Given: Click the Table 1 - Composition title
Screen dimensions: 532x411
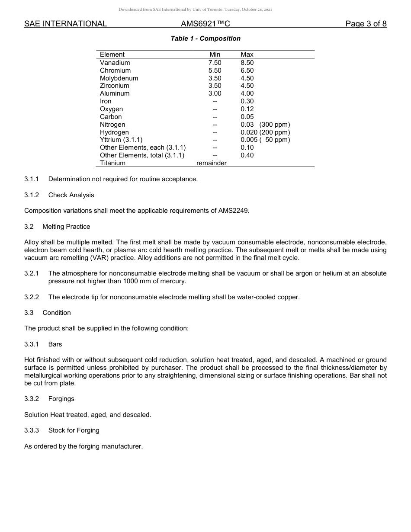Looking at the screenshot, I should (205, 38).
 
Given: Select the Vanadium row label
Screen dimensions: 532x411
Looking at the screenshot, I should (115, 63).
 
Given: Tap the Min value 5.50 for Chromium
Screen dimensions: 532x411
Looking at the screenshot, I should (215, 71).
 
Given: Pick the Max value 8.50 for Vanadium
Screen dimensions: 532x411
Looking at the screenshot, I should (247, 63).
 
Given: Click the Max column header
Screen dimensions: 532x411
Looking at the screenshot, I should (247, 54).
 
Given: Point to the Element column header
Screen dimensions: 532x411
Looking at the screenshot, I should (112, 54).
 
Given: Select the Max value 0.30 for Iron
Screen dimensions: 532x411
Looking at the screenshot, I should (247, 101).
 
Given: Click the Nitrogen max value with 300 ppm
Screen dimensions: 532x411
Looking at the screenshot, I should (265, 125).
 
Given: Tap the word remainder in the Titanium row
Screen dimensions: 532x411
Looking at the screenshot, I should (212, 163).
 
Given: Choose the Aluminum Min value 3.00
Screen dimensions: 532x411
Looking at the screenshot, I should (215, 93).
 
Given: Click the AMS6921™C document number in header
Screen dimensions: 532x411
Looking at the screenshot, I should (205, 24).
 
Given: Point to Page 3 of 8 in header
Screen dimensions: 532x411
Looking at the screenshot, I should (366, 24).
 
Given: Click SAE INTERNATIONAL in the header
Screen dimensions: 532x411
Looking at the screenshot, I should (65, 24).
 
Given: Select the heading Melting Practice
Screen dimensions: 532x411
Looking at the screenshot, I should (66, 227).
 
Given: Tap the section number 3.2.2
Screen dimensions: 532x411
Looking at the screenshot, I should (32, 297).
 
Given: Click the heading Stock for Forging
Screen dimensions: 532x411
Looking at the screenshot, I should (74, 430).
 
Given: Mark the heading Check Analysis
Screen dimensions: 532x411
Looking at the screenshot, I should (71, 195).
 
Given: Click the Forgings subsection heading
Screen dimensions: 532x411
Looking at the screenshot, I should (61, 399).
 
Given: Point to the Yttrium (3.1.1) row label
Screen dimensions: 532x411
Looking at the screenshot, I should (121, 140).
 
